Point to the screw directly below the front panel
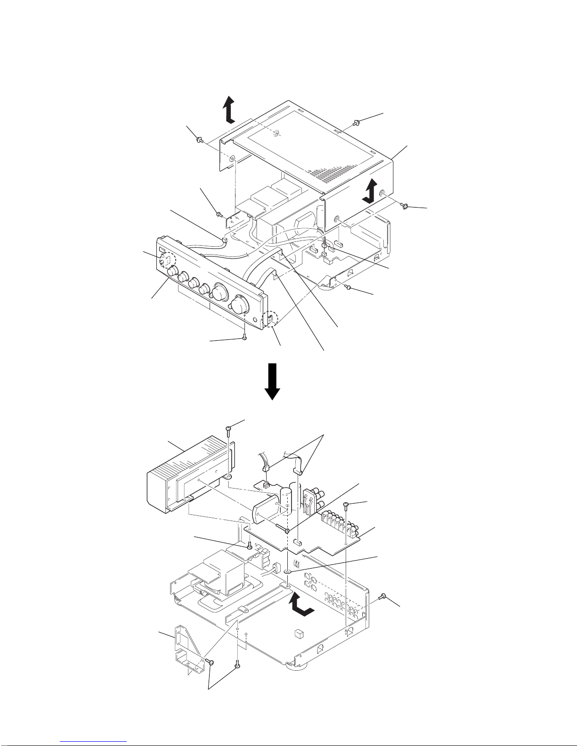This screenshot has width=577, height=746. tap(244, 337)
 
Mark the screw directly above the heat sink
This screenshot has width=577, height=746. tap(228, 429)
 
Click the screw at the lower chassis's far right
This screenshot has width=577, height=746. tap(384, 597)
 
